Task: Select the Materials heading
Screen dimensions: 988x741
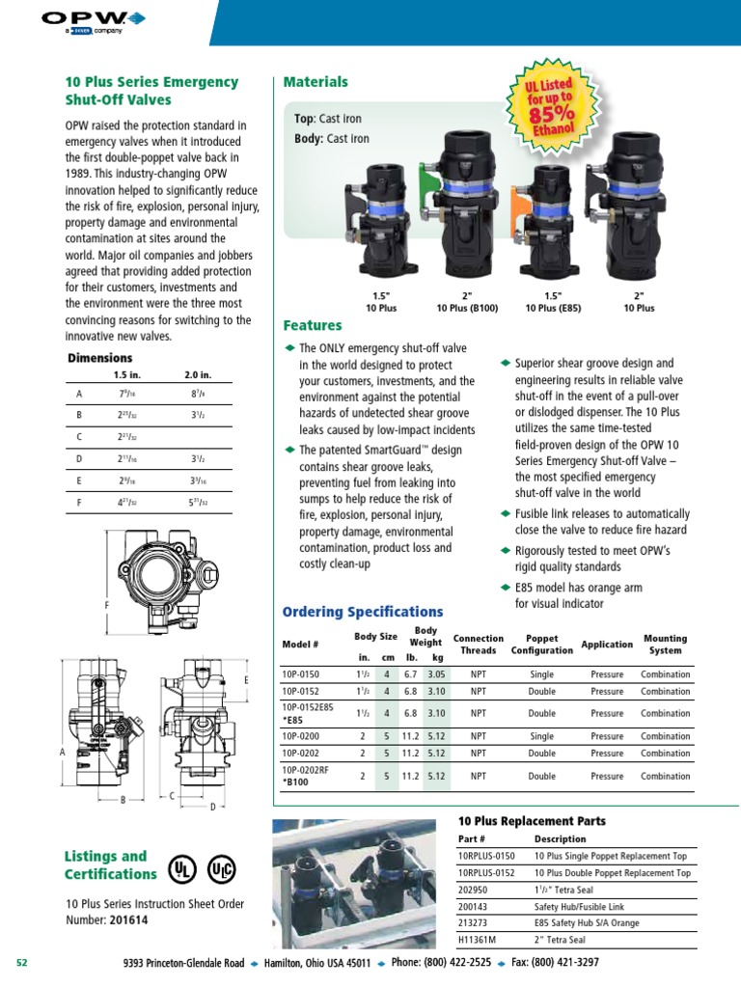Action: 315,82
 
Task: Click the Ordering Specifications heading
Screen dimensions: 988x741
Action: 362,612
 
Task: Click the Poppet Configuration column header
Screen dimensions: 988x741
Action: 541,644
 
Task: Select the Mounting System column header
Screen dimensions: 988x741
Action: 665,644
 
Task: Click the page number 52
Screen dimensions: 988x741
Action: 24,963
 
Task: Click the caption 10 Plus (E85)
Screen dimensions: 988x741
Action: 553,308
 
